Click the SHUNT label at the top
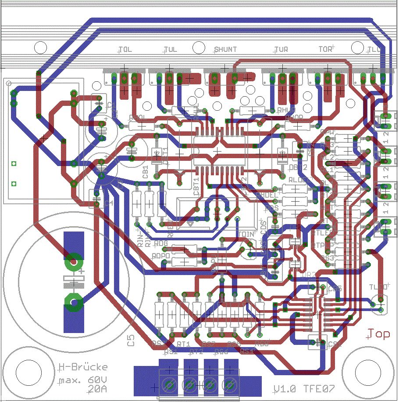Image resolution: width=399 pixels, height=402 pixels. point(225,50)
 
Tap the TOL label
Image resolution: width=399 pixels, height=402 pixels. point(125,50)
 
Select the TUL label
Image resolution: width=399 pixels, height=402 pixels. point(170,50)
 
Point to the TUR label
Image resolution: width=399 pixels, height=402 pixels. point(281,50)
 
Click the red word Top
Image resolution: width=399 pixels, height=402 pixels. point(378,334)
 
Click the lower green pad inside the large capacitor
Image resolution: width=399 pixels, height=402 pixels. point(73,302)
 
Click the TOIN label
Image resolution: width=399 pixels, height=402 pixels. point(247,234)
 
